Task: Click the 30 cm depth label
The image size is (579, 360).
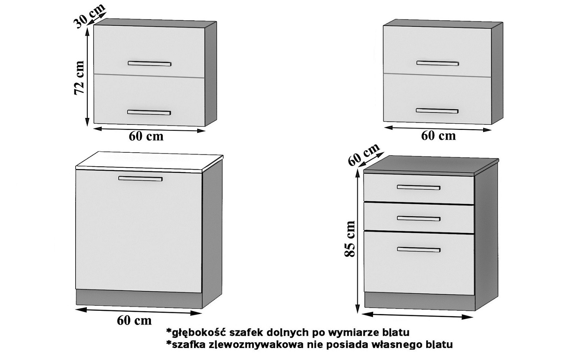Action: pos(89,15)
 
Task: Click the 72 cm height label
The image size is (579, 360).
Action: pos(79,78)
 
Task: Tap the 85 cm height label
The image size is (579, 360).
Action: pos(349,239)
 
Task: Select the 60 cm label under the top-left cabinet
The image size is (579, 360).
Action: pos(146,136)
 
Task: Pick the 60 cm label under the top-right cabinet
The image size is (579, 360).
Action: pos(438,136)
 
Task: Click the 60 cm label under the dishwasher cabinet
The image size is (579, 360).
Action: pos(134,320)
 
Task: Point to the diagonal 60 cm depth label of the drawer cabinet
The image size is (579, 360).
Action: pos(363,154)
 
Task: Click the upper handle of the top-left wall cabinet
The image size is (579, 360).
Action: pos(149,64)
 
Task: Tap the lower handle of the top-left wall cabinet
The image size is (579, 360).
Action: pos(149,113)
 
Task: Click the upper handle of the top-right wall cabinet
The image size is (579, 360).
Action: pos(438,63)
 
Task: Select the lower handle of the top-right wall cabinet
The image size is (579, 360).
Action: pos(437,111)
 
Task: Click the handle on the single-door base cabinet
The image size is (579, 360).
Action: pos(140,178)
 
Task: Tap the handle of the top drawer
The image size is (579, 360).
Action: pos(418,187)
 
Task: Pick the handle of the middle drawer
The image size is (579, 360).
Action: pos(418,218)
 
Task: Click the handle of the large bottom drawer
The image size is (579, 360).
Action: pos(418,249)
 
